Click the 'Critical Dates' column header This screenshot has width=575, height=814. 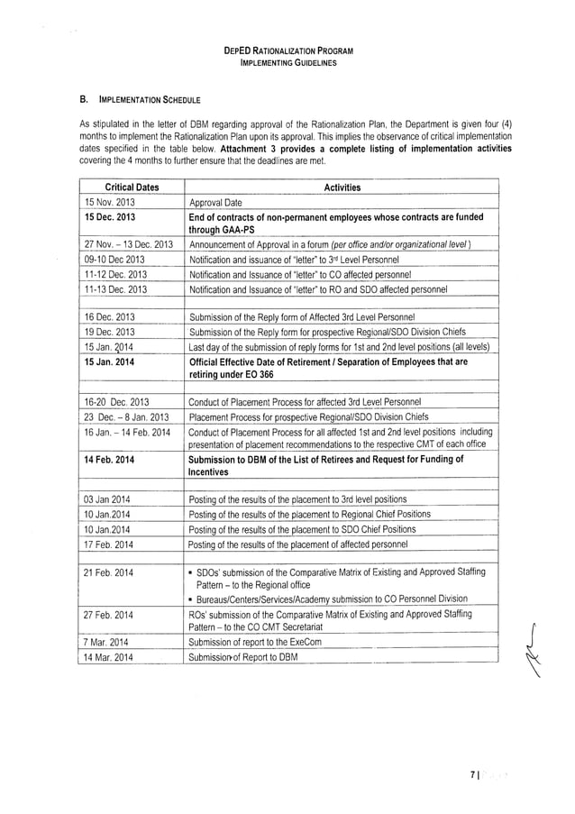tap(126, 187)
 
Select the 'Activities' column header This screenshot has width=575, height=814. tap(342, 187)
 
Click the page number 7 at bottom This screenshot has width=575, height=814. tap(474, 772)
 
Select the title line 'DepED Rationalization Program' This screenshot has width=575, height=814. tap(287, 53)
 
